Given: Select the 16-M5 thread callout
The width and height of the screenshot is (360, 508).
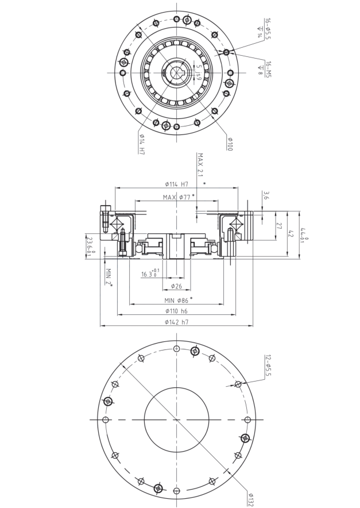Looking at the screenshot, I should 268,67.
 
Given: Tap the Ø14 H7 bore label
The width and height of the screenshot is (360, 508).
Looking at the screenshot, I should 141,144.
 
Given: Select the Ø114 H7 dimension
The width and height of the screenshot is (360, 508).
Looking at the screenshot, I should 176,184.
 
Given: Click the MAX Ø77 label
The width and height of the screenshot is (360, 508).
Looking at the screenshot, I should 176,197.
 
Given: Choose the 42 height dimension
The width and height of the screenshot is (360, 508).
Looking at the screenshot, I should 291,233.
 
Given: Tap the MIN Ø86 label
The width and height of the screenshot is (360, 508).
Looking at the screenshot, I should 176,300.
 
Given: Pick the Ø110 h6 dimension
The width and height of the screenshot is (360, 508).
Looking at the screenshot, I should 176,311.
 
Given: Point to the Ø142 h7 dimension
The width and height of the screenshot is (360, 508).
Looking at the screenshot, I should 176,322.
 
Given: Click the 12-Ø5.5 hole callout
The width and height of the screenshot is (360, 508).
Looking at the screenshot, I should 268,366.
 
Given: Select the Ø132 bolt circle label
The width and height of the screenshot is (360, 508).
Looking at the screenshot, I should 251,498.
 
